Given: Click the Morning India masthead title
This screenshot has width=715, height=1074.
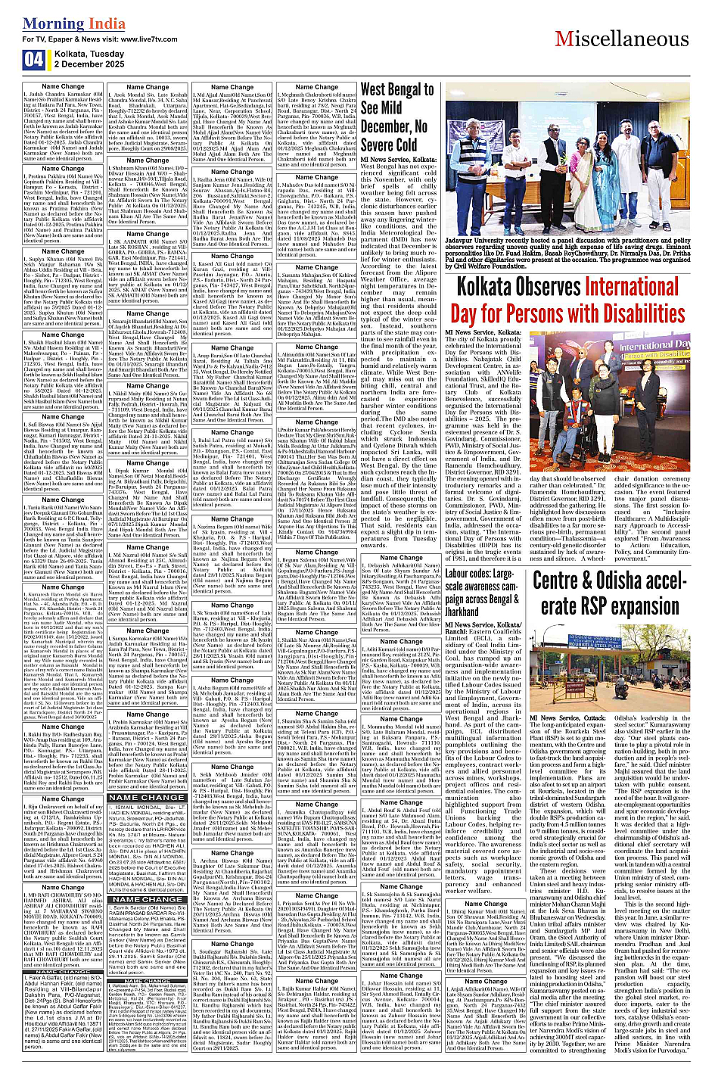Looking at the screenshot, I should coord(64,23).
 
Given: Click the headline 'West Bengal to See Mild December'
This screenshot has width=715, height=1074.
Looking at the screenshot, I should coord(396,117).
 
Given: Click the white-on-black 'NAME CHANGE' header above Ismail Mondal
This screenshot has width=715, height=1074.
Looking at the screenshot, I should coord(148,797).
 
